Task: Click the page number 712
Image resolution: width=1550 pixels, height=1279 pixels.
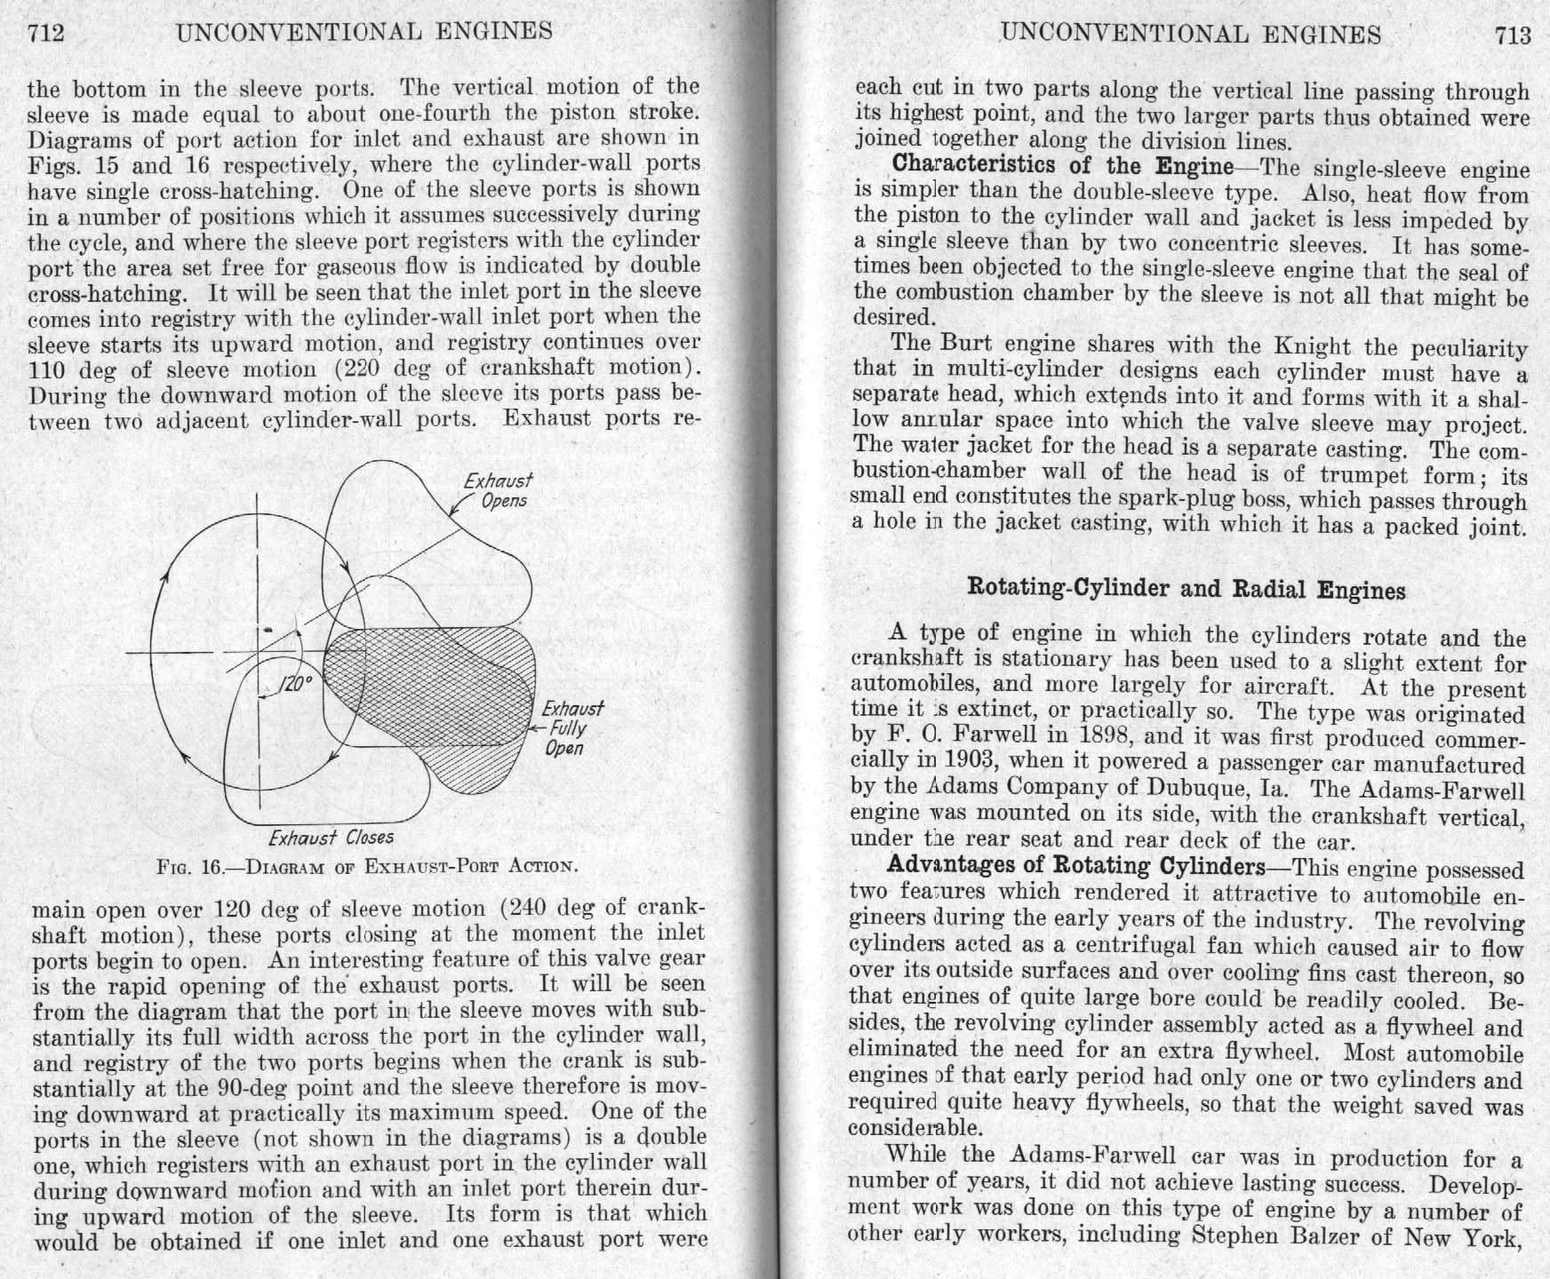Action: coord(46,34)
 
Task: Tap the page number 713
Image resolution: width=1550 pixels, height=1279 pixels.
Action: coord(1513,36)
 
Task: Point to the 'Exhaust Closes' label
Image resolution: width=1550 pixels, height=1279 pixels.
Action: coord(331,838)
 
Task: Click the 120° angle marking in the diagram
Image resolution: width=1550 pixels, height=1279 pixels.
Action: coord(296,683)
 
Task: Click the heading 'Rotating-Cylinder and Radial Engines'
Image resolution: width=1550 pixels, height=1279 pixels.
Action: coord(1186,590)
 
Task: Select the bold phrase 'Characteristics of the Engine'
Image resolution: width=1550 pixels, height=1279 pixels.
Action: coord(1062,165)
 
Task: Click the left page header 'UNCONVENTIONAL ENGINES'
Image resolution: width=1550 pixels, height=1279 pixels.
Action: coord(364,32)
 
